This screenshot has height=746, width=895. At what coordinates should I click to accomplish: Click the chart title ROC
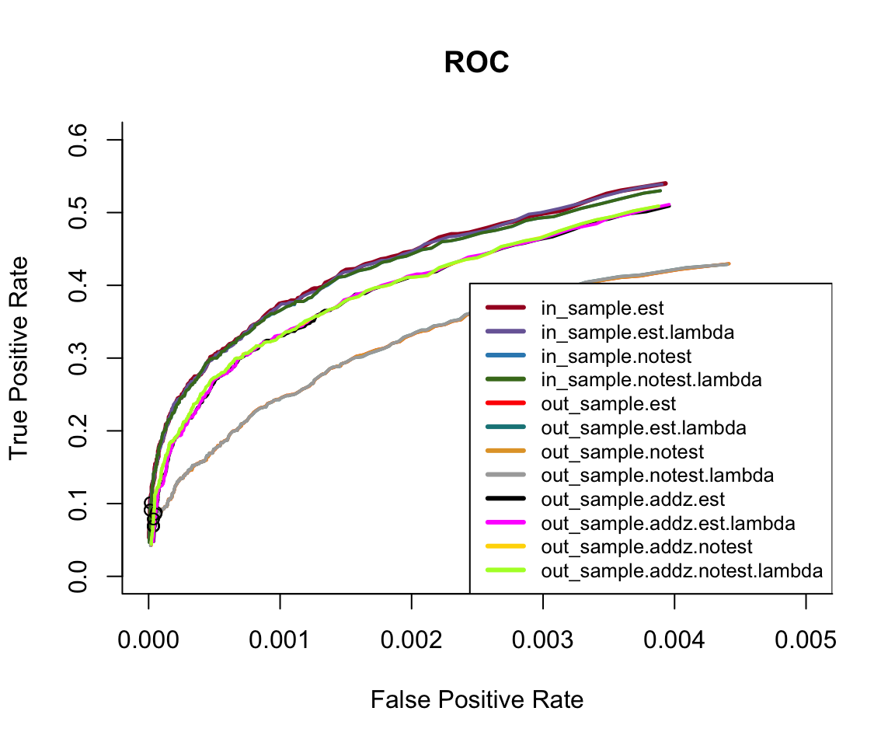(x=476, y=64)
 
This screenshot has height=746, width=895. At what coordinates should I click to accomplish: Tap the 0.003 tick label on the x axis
(x=543, y=642)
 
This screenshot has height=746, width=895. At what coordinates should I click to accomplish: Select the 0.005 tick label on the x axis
(x=806, y=642)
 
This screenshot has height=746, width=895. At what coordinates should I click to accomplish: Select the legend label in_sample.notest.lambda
(x=651, y=380)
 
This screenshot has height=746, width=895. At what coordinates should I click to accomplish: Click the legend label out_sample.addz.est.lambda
(x=668, y=524)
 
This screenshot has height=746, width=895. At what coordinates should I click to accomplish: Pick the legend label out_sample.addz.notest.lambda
(x=681, y=571)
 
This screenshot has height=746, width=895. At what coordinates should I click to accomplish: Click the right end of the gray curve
(x=728, y=263)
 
